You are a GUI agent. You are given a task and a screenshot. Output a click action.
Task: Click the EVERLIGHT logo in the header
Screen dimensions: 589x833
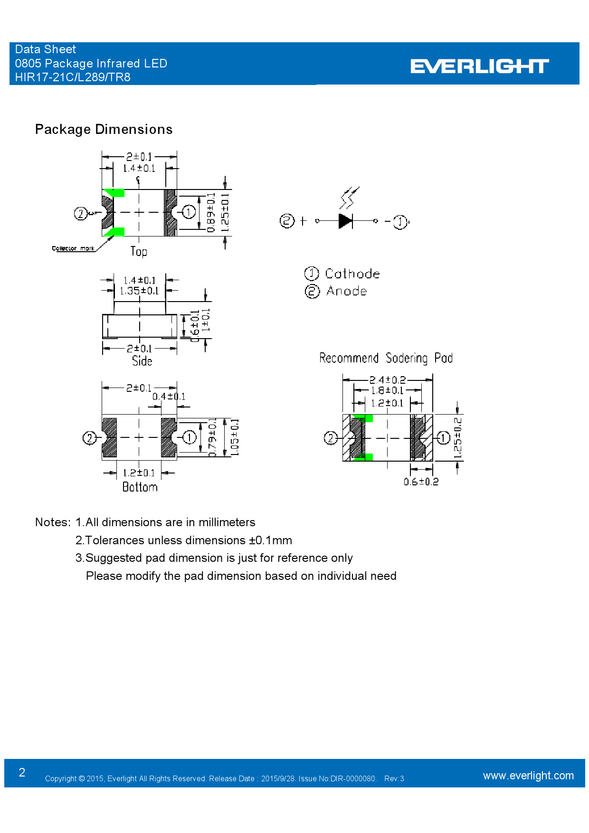tap(479, 66)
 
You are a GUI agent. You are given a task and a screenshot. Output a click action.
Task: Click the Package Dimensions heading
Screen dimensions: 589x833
tap(104, 130)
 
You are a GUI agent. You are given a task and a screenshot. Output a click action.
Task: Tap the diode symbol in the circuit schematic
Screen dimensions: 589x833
tap(346, 221)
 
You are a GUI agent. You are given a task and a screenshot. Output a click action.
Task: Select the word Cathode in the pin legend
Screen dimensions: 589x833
tap(352, 274)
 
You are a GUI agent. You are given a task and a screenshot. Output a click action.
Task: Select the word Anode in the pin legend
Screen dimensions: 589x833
tap(347, 291)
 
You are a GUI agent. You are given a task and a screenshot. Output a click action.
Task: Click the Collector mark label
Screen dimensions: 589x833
tap(73, 248)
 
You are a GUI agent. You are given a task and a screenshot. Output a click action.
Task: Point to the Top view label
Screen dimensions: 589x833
tap(139, 251)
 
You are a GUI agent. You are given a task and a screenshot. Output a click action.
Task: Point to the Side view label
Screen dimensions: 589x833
tap(142, 361)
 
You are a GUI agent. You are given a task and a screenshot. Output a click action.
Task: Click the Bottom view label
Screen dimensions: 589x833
tap(140, 487)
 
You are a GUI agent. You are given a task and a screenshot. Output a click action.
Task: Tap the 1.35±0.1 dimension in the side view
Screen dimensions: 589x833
tap(139, 291)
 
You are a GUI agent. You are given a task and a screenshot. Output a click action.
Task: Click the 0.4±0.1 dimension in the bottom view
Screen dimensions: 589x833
tap(169, 397)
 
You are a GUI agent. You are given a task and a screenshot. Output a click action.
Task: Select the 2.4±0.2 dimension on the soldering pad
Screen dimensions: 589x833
tap(388, 380)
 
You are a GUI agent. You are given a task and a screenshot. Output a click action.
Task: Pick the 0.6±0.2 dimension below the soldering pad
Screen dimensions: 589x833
tap(421, 482)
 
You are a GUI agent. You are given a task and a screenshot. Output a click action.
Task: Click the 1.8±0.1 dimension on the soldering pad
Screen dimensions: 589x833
tap(387, 390)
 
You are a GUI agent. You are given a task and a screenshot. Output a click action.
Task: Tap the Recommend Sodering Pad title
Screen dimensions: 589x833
tap(386, 358)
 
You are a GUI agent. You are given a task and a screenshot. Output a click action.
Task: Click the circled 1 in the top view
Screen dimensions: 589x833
tap(189, 212)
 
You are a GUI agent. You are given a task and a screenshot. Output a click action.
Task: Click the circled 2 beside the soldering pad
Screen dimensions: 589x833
tap(331, 438)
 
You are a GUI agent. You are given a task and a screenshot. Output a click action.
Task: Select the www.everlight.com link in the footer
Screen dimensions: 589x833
tap(528, 776)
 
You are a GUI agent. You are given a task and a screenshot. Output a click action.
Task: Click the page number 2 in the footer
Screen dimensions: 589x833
tap(22, 773)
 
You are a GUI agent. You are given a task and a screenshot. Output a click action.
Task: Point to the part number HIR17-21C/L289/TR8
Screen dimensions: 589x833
tap(73, 77)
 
